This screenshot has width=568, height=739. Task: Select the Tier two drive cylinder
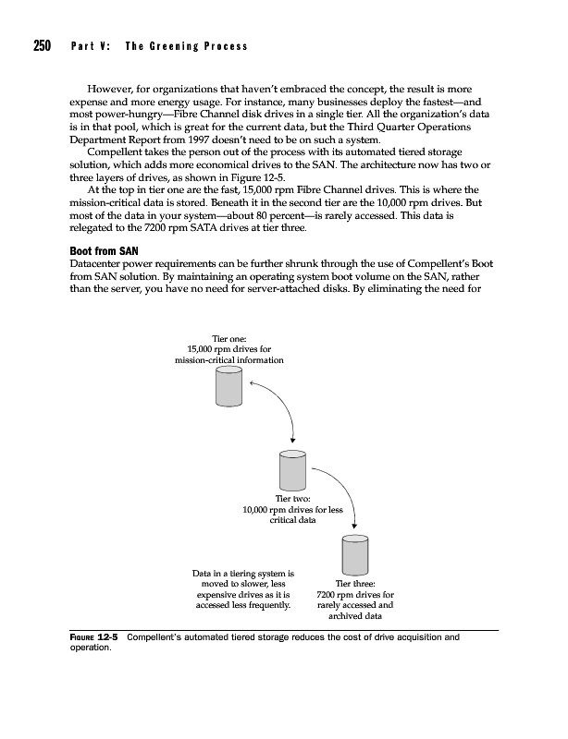point(292,470)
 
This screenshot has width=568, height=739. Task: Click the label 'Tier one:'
point(230,339)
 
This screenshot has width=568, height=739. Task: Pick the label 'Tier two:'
point(292,499)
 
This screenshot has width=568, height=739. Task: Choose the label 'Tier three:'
point(355,584)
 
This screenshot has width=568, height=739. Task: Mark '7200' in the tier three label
point(329,596)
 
